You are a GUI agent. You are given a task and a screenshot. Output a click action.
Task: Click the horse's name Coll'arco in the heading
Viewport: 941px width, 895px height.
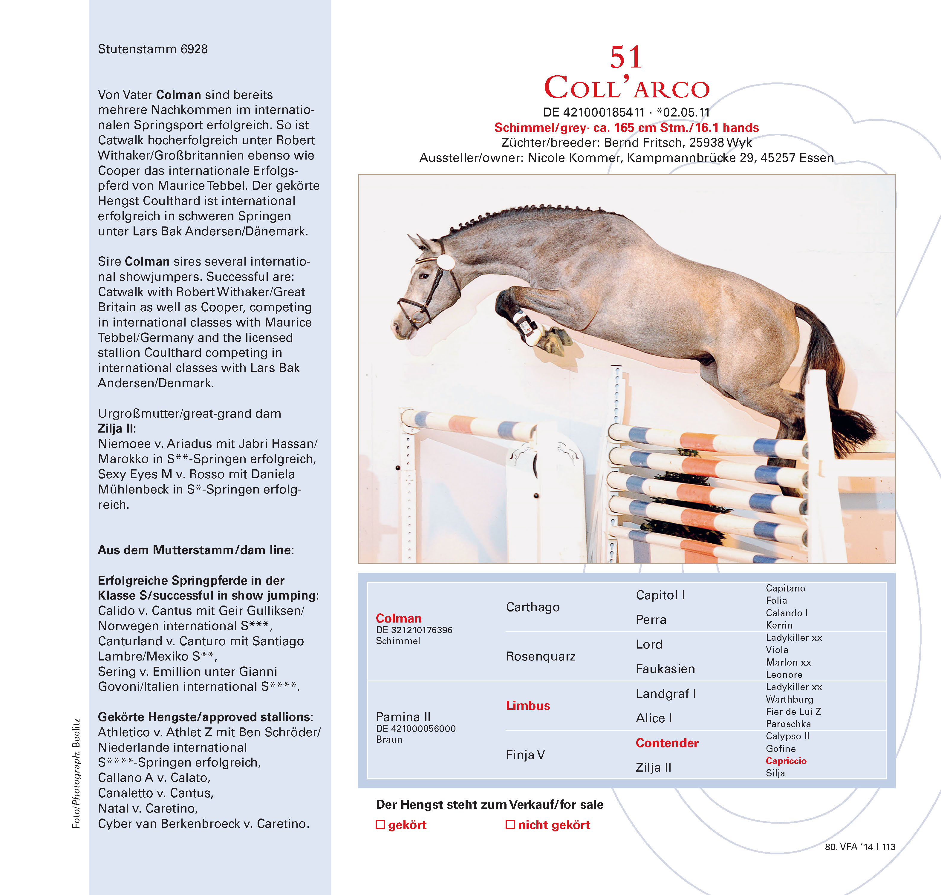[627, 88]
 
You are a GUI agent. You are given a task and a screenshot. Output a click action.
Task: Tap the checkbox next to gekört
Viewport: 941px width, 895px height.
[380, 824]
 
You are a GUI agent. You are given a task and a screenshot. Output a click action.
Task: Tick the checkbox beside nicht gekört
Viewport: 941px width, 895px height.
[509, 824]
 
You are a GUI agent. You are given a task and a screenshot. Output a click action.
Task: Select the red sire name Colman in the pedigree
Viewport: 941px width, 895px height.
[398, 618]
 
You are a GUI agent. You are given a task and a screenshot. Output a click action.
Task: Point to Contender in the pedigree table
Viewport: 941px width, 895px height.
[667, 743]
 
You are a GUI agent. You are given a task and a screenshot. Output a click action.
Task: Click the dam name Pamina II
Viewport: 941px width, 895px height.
[403, 717]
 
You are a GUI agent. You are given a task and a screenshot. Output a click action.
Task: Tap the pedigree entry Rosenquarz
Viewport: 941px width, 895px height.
[541, 656]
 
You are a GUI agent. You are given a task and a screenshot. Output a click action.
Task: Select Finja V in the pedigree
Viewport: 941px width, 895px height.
[525, 755]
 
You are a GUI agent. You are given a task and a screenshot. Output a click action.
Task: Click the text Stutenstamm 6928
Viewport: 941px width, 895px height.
[153, 49]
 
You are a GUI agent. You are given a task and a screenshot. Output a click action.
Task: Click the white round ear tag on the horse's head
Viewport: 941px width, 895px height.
[445, 261]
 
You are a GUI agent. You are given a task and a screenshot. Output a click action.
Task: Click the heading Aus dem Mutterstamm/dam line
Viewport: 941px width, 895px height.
[196, 550]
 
